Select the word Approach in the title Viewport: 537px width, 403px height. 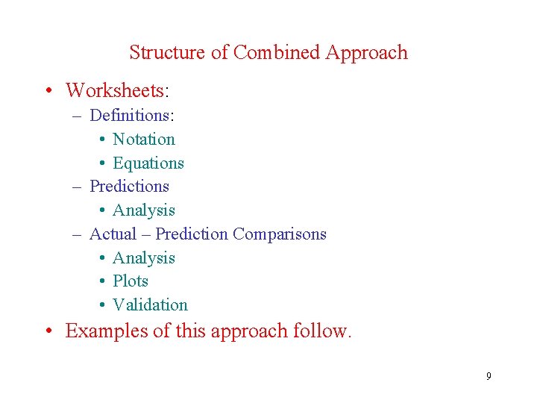click(366, 53)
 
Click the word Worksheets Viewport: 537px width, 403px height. click(116, 91)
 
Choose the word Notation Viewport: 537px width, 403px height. click(144, 139)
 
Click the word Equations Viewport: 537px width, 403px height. click(148, 163)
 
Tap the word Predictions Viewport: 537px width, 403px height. click(129, 186)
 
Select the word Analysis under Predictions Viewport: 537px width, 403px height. click(144, 210)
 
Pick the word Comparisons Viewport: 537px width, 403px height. click(280, 234)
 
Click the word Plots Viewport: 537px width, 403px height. click(131, 281)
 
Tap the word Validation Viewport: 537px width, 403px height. click(150, 304)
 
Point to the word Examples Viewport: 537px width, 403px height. click(107, 331)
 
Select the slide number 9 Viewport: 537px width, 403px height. click(489, 376)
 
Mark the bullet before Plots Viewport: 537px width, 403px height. click(101, 281)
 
